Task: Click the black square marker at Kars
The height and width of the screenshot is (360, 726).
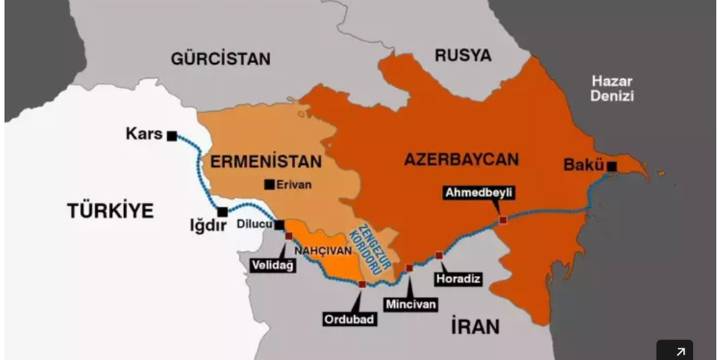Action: [172, 136]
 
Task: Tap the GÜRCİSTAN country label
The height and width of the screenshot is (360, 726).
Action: [221, 59]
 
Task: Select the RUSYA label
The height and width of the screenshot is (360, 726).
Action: [462, 55]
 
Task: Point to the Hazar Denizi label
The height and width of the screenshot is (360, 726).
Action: [611, 89]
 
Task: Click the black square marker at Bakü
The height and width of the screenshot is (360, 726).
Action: [612, 166]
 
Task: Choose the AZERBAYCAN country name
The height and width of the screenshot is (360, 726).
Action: [461, 159]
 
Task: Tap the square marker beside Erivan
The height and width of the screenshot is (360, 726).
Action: [269, 185]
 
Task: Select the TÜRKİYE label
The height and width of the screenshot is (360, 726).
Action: [110, 211]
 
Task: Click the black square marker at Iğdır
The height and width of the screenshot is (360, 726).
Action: [222, 211]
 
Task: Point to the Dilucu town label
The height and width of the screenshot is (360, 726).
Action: [254, 225]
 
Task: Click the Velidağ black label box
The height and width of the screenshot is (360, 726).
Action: [272, 265]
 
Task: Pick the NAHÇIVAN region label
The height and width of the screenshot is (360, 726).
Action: [323, 250]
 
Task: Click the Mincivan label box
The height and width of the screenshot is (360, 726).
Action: [411, 304]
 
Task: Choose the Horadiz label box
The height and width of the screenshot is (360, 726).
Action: [458, 278]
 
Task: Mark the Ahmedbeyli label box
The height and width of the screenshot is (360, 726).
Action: [479, 192]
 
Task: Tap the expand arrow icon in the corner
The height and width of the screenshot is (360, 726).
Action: [680, 351]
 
